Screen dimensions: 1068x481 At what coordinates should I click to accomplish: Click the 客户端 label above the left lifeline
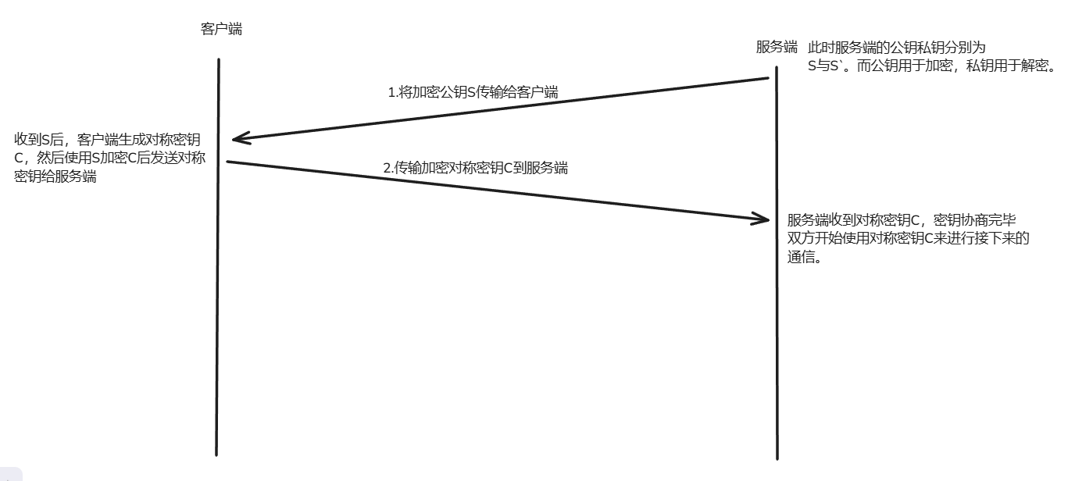click(221, 30)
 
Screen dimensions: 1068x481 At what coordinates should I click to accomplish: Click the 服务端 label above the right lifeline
click(777, 47)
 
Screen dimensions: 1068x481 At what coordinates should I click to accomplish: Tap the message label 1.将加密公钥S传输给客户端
click(473, 92)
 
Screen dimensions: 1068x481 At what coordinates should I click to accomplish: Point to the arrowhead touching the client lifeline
click(238, 139)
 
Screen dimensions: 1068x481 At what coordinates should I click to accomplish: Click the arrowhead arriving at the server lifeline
click(762, 219)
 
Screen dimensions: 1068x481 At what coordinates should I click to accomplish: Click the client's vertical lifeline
click(218, 312)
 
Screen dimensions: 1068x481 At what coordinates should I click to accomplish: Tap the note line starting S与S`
click(931, 66)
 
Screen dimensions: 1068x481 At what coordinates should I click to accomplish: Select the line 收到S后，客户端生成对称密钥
click(107, 140)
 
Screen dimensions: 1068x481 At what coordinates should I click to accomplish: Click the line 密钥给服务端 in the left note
click(55, 176)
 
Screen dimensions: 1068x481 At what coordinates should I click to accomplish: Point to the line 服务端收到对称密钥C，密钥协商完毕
click(901, 220)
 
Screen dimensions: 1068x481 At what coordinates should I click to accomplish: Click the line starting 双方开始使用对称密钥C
click(908, 239)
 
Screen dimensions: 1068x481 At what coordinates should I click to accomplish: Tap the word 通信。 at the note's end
click(805, 258)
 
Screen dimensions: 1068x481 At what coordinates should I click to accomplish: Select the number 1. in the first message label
click(393, 92)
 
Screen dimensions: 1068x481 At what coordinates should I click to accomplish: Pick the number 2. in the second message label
click(388, 167)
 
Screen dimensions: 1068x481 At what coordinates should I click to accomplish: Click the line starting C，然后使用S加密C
click(109, 158)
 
